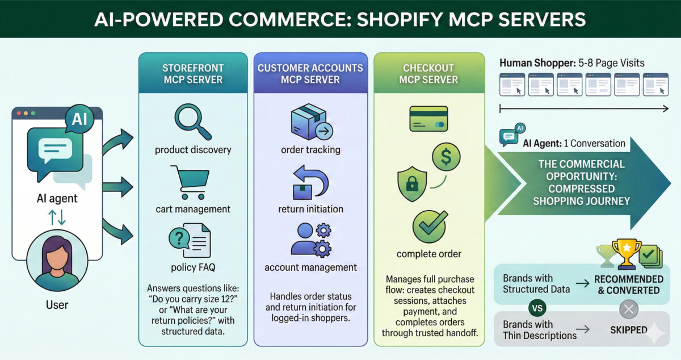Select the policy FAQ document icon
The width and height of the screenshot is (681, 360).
(x=190, y=242)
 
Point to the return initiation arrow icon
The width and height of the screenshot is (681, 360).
(x=310, y=182)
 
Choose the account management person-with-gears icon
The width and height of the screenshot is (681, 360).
(x=310, y=240)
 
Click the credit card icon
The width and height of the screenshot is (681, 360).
(x=428, y=119)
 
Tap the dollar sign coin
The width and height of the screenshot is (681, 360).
(x=446, y=157)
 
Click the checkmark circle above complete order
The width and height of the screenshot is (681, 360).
(x=429, y=226)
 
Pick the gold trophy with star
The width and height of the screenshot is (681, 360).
(x=627, y=254)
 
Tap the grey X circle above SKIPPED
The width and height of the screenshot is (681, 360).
(x=628, y=309)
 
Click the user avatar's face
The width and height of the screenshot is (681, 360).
(x=57, y=259)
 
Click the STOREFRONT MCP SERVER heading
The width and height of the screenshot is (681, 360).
(x=193, y=74)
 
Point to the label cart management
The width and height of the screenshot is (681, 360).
(x=193, y=209)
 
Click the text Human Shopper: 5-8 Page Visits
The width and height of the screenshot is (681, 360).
(x=572, y=62)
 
